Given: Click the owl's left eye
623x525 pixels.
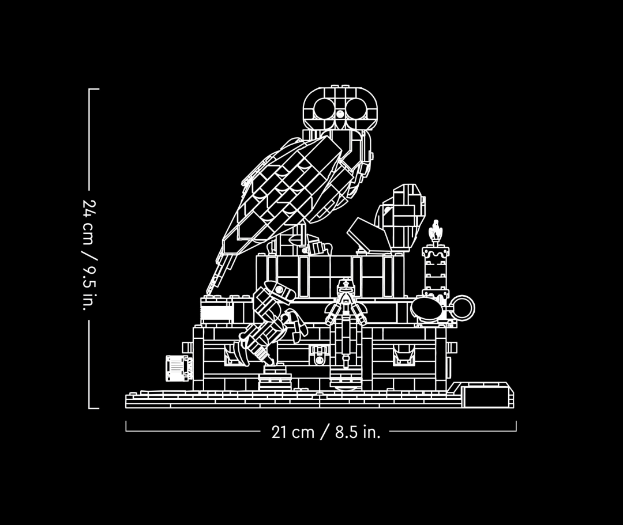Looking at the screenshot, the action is [x=324, y=108].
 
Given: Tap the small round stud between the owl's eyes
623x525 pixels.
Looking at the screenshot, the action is [x=340, y=115].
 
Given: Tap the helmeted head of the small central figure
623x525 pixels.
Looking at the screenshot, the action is [x=345, y=286].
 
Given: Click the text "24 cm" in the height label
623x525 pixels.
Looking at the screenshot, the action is [x=89, y=222].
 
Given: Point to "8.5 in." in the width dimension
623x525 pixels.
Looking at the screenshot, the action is [x=358, y=432].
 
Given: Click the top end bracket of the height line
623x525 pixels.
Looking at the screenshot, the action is [x=94, y=90].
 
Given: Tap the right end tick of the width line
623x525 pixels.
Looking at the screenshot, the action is [x=516, y=426].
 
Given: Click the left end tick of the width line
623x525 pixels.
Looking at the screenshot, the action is [x=126, y=426].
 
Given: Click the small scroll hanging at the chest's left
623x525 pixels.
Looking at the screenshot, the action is [x=177, y=368].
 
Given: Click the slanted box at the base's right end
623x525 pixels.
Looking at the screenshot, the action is [x=487, y=394].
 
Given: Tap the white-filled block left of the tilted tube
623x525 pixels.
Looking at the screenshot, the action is [x=216, y=311].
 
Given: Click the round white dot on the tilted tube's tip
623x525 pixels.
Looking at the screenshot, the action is [x=279, y=289].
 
